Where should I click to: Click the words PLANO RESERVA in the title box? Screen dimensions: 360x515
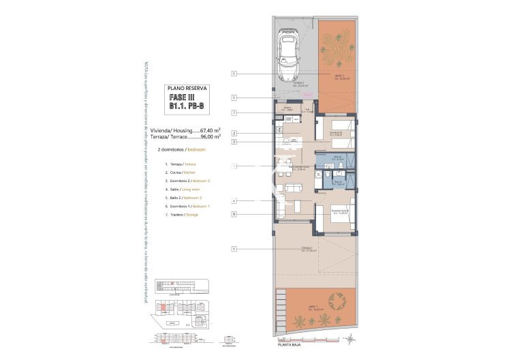point(187,89)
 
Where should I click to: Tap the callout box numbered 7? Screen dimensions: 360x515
point(234,112)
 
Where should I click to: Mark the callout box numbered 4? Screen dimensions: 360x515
point(234,201)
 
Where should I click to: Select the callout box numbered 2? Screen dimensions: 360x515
point(234,133)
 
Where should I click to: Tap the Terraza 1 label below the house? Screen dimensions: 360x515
point(307,248)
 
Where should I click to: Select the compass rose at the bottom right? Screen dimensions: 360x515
point(349,339)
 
